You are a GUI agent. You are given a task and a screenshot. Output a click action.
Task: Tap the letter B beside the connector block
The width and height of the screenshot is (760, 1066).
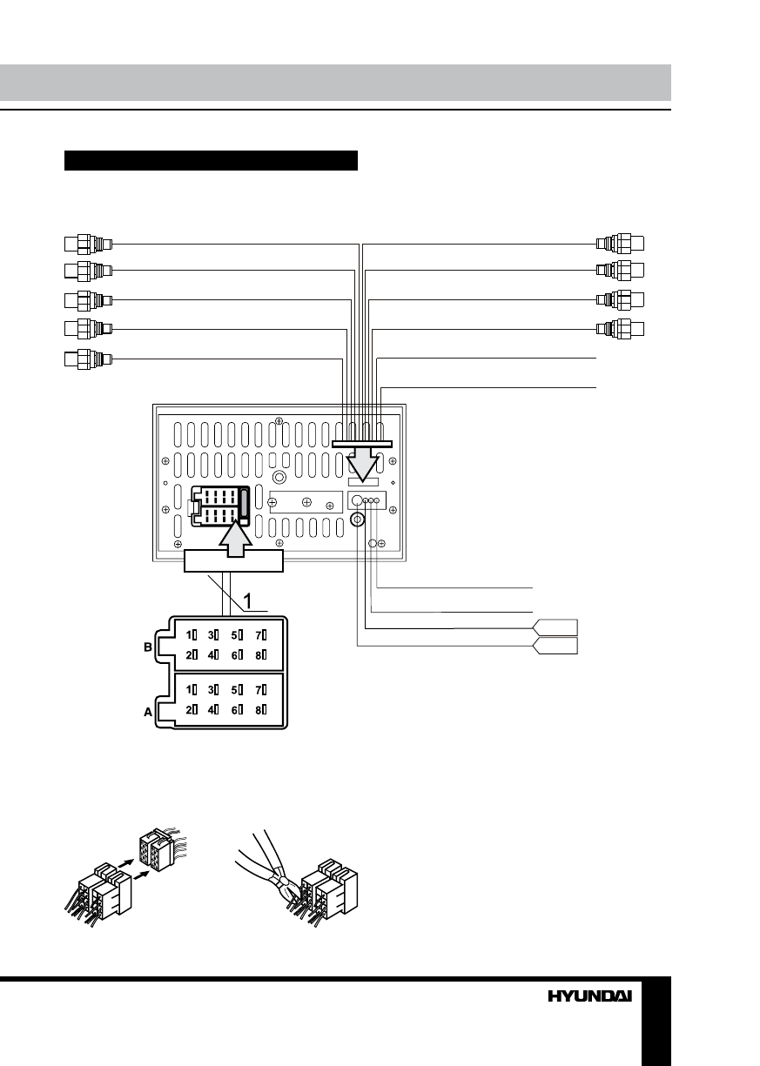148,647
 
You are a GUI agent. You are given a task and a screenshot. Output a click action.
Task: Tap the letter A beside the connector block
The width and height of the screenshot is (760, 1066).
148,712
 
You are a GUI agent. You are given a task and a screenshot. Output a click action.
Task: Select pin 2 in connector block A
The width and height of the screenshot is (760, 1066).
192,709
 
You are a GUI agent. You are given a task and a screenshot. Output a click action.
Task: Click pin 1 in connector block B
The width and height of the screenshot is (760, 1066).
192,634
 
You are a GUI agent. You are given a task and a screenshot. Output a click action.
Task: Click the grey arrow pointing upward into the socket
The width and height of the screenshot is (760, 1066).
232,540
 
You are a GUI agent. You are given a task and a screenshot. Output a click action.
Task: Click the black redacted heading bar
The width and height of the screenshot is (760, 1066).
212,161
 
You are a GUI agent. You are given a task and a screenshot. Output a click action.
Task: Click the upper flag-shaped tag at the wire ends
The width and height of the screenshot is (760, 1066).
555,627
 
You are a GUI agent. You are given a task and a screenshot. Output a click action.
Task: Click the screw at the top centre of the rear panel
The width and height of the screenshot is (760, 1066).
278,421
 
